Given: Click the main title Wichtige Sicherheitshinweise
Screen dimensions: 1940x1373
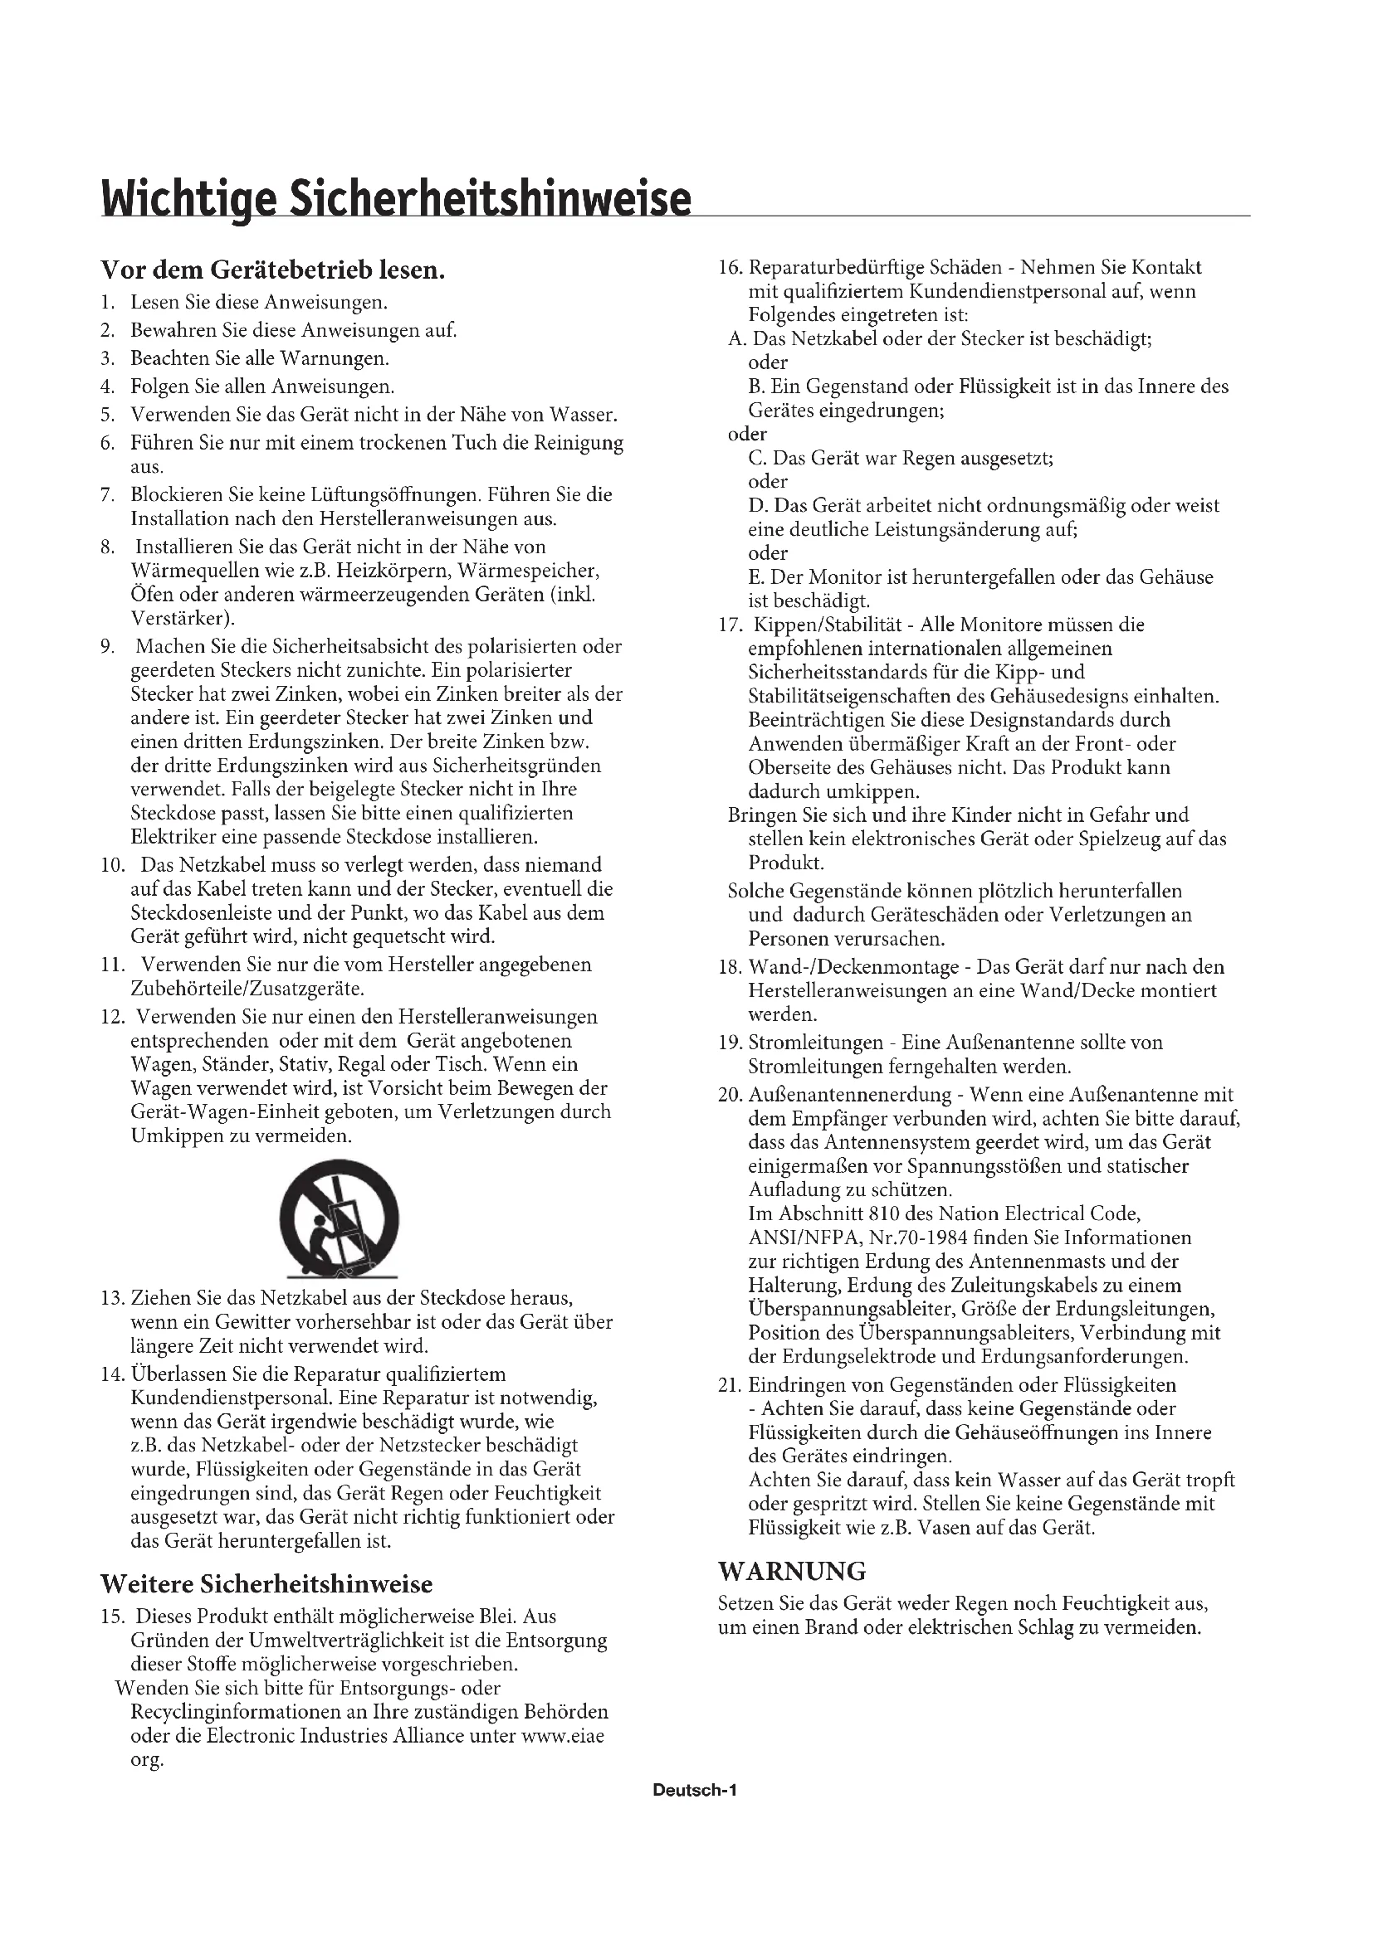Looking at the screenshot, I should (x=396, y=200).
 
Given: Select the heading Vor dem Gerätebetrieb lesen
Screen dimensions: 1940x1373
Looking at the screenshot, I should (x=272, y=270).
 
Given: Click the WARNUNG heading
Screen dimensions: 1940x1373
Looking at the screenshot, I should (x=792, y=1571).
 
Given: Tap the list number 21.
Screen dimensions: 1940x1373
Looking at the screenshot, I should (x=730, y=1385).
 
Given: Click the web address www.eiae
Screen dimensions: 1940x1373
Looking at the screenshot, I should (x=563, y=1736).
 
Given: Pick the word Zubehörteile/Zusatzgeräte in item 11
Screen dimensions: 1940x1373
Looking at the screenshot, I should (x=247, y=988).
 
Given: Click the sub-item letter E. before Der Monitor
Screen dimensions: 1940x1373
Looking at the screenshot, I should (x=757, y=577).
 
